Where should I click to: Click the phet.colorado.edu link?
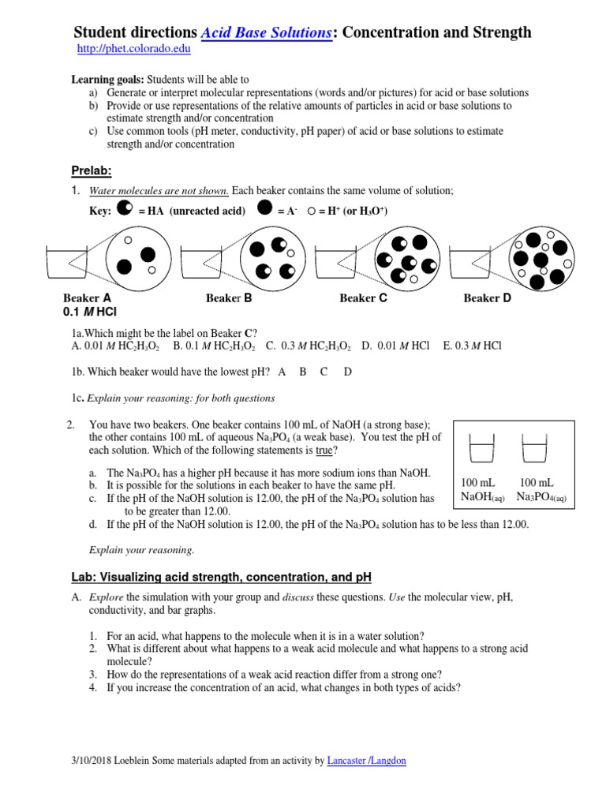point(133,49)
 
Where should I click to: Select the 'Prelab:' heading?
point(92,171)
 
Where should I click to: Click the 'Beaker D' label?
point(487,298)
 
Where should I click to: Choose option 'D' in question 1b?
point(348,372)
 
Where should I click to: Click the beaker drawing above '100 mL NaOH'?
point(481,449)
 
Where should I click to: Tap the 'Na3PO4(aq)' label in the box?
point(541,497)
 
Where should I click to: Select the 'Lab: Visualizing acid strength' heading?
point(222,577)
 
